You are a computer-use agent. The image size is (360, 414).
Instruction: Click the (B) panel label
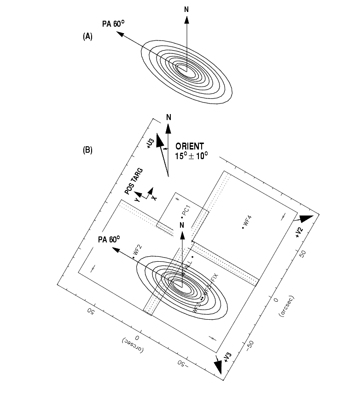87,150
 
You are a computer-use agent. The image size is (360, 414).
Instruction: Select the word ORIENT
190,146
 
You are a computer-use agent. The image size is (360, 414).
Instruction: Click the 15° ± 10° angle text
192,155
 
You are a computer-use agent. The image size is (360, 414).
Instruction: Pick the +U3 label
150,144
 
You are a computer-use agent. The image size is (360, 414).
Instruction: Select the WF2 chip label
137,250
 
